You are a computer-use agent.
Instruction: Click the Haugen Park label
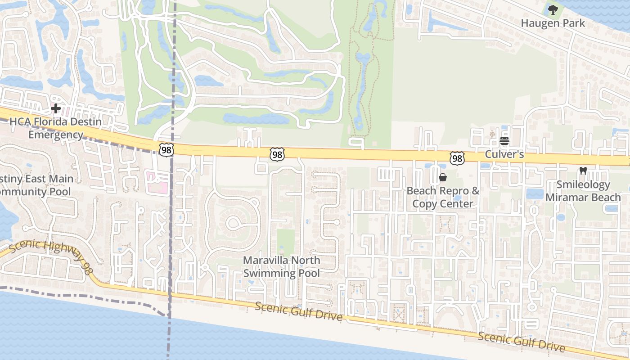coord(553,23)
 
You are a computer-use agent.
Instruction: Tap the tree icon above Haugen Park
coord(552,9)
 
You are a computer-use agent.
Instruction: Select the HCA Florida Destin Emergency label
coord(56,128)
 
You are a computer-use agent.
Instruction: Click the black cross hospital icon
coord(56,108)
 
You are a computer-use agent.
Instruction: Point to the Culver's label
coord(504,154)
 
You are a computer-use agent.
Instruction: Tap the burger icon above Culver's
coord(504,141)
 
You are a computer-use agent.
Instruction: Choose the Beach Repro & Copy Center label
coord(443,197)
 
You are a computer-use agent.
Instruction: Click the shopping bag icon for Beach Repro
coord(443,177)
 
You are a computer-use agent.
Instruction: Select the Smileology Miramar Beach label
coord(583,191)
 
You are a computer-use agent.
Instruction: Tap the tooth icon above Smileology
coord(583,171)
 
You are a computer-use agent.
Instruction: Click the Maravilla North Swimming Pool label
coord(282,266)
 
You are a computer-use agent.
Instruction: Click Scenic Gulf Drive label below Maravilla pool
coord(299,311)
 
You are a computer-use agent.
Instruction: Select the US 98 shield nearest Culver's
coord(457,158)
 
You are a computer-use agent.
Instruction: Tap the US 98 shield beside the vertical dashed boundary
coord(166,150)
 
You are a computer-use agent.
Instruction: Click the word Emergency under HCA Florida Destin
coord(56,134)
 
